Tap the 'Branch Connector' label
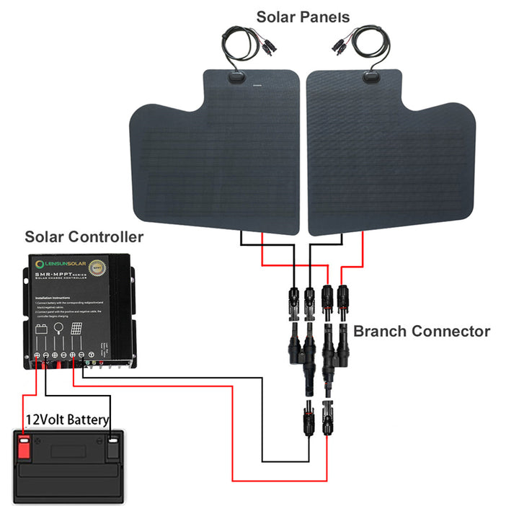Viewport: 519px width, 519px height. tap(421, 332)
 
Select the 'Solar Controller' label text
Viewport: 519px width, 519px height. tap(84, 237)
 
